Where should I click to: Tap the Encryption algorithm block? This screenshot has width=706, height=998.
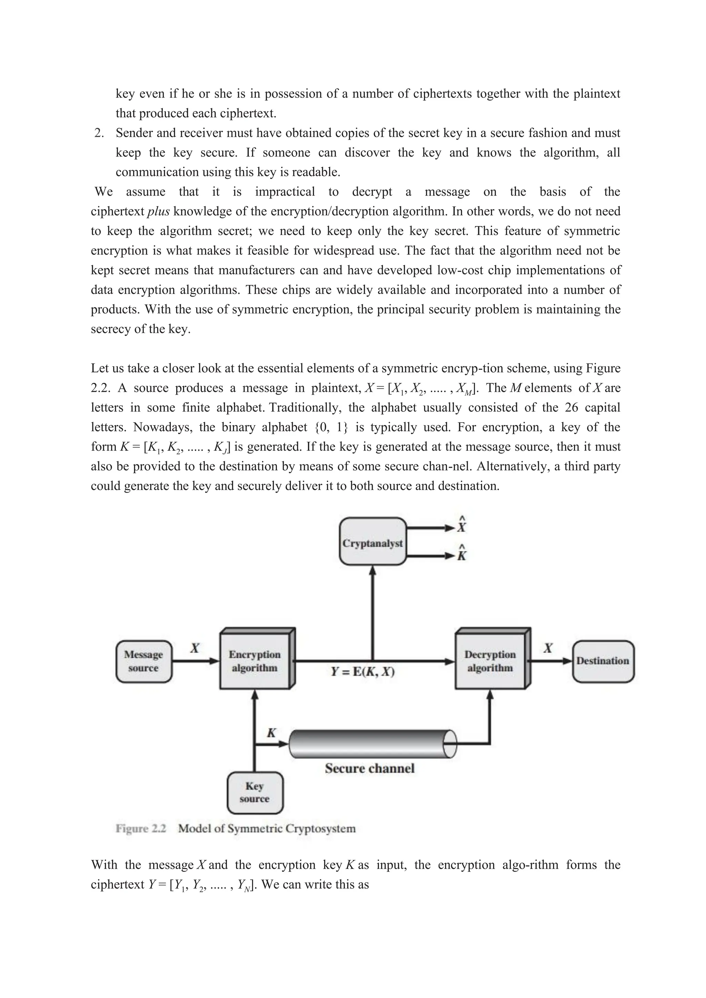point(255,661)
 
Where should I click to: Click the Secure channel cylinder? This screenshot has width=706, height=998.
point(370,744)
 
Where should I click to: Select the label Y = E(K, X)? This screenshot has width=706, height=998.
point(363,672)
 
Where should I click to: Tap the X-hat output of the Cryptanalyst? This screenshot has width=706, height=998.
point(462,526)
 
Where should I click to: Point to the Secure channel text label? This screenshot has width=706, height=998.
point(370,768)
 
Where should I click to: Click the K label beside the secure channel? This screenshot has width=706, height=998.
point(271,733)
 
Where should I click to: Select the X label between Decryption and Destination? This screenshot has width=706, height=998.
point(548,649)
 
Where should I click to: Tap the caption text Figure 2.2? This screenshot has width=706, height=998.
point(141,828)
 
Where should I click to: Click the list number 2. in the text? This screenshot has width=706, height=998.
point(99,133)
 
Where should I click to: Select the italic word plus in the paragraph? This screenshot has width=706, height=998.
point(158,212)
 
